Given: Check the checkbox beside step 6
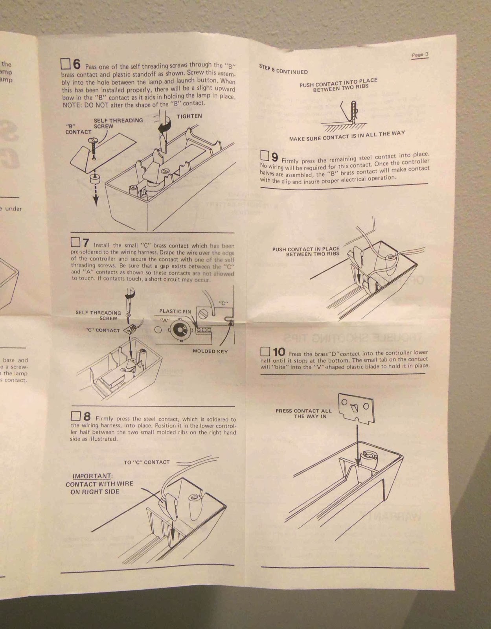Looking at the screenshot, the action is (x=65, y=64).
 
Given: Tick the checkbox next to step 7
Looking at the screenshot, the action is (x=75, y=242).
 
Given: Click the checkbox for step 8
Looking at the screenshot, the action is (x=75, y=416).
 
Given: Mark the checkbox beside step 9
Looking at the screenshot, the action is (x=265, y=156).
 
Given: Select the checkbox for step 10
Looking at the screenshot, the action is (x=266, y=351).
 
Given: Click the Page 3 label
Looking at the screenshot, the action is (x=420, y=55).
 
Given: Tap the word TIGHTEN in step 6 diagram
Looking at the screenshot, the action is (x=189, y=116).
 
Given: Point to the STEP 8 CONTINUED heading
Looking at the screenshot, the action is (x=283, y=70).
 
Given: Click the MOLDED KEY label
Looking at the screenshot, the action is (x=210, y=351).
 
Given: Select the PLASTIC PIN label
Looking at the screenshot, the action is (x=175, y=311).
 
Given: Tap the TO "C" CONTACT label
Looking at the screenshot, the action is (x=147, y=462).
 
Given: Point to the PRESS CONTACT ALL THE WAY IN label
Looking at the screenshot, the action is (x=303, y=414).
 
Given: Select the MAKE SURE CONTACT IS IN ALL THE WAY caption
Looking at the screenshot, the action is (x=347, y=136).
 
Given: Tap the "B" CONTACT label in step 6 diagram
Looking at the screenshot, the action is (x=78, y=129).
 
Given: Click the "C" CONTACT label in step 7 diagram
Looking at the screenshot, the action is (x=102, y=330).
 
